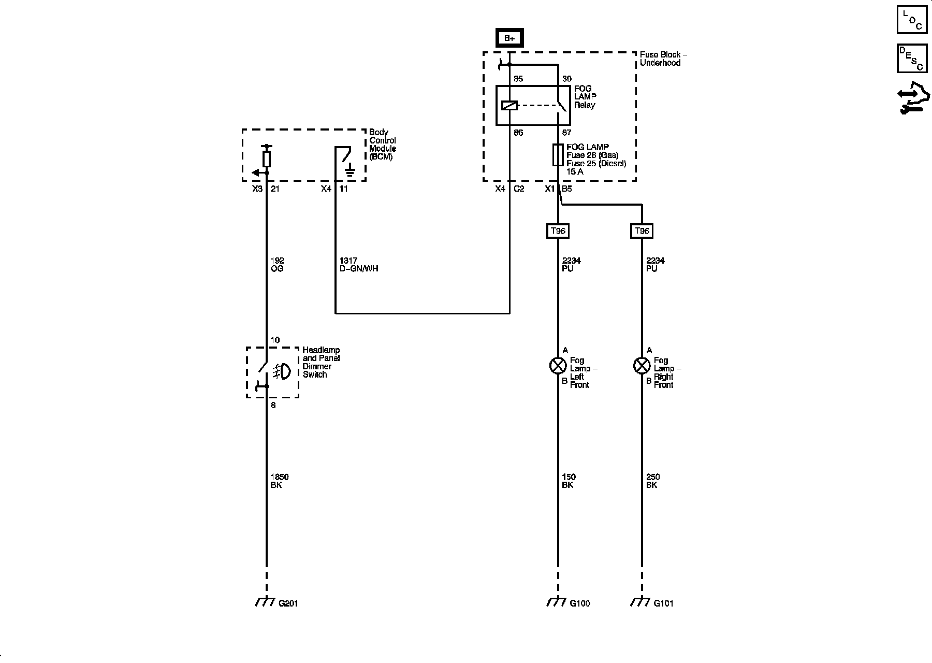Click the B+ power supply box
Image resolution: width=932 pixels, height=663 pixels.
click(509, 38)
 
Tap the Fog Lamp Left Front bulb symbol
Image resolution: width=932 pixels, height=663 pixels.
click(558, 366)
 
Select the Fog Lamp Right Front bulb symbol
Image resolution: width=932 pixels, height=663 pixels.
click(642, 366)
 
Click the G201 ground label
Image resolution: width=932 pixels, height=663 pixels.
click(288, 603)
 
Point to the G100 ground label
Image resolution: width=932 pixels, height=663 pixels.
click(579, 603)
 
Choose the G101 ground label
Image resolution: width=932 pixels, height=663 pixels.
click(663, 603)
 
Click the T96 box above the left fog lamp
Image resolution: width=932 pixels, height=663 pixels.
click(558, 231)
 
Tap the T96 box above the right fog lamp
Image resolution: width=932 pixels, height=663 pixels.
click(642, 231)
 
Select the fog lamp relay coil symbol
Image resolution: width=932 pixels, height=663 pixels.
click(509, 106)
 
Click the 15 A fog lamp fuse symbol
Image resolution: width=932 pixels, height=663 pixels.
click(558, 155)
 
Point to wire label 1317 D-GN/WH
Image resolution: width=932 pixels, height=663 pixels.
click(358, 265)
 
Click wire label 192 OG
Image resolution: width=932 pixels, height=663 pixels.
click(277, 265)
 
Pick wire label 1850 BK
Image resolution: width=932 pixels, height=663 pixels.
click(279, 481)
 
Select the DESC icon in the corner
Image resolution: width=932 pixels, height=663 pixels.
click(912, 58)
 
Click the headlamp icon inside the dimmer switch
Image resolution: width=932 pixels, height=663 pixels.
click(282, 371)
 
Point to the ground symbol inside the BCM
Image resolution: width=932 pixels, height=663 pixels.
click(350, 171)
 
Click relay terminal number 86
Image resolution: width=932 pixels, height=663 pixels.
click(518, 133)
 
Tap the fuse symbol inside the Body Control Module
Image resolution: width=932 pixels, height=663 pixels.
click(267, 158)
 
